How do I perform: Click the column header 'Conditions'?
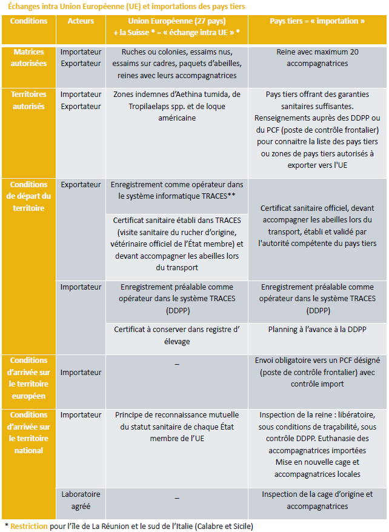(x=29, y=21)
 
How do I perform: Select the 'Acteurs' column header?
(x=81, y=21)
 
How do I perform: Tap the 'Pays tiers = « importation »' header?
(x=318, y=21)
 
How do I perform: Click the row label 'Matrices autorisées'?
(x=29, y=58)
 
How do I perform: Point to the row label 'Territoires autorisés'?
(x=29, y=100)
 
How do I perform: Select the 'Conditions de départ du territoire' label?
(x=29, y=196)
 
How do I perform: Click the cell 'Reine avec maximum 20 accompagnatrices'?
(x=318, y=58)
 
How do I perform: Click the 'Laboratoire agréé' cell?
(x=81, y=500)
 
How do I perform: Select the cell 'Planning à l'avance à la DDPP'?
(x=318, y=330)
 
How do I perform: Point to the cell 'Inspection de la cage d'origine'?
(x=318, y=500)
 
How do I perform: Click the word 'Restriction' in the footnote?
(x=28, y=526)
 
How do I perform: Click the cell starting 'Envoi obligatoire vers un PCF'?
(x=318, y=372)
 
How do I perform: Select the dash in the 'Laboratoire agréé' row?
(x=177, y=497)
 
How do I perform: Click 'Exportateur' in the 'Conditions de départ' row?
(x=81, y=184)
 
